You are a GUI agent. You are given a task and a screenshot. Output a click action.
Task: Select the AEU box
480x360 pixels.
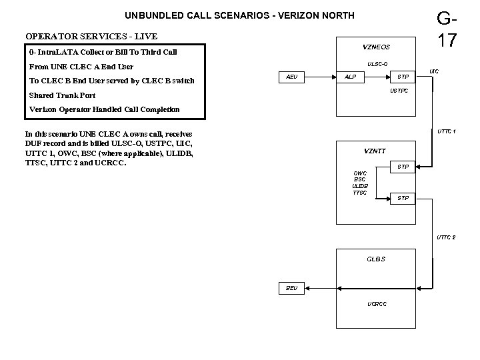pos(291,77)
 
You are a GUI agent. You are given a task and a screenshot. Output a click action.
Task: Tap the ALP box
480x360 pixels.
pos(350,77)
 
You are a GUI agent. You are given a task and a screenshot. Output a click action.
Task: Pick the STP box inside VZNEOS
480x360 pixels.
pos(403,77)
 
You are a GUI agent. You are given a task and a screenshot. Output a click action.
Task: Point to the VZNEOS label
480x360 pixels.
pos(376,47)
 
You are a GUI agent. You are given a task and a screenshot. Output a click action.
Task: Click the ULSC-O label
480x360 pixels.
pos(377,64)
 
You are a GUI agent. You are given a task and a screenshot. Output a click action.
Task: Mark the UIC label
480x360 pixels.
pos(434,70)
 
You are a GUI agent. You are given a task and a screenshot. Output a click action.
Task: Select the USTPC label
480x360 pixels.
pos(399,91)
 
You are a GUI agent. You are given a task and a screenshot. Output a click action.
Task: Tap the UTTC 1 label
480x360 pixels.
pos(446,131)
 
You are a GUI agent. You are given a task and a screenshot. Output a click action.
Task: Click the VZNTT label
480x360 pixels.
pos(375,151)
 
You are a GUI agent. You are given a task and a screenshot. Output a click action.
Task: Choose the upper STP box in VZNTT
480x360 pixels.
pos(403,166)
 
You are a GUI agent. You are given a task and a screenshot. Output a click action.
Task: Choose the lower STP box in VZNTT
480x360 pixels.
pos(403,198)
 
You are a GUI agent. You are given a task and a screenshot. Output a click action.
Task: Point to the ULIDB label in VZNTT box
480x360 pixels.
pos(360,186)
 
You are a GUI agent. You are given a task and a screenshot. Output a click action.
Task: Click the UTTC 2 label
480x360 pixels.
pos(446,237)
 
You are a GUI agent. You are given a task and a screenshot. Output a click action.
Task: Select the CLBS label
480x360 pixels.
pos(376,259)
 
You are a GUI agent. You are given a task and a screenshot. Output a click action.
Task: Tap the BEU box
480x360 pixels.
pos(291,288)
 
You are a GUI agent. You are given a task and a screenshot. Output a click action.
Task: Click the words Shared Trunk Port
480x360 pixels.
pos(63,95)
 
